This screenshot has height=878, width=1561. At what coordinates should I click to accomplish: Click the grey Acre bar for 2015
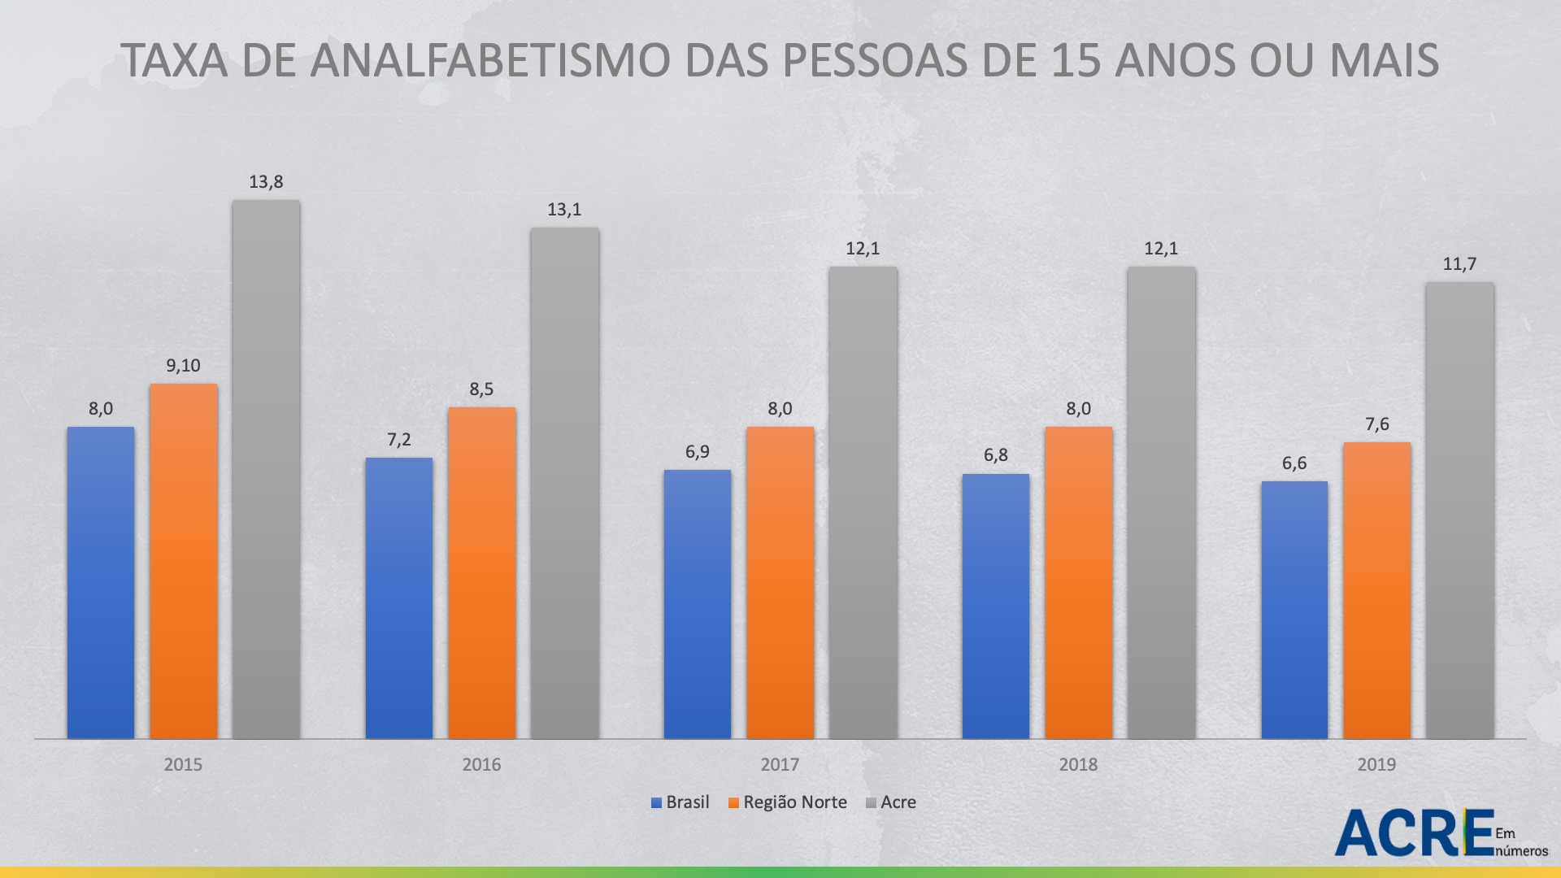coord(266,469)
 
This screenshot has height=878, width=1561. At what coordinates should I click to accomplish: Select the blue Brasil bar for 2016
coord(399,598)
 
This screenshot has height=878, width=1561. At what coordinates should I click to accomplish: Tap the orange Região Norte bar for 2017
coord(780,582)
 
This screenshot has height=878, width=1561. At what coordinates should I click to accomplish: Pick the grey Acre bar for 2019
coord(1459,510)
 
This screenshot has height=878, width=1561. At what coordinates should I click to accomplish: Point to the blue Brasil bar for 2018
coord(995,606)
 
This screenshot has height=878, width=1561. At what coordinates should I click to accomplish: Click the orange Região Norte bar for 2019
coord(1376,589)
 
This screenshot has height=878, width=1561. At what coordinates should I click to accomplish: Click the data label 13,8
coord(266,182)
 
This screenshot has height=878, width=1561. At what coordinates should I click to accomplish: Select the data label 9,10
coord(183,366)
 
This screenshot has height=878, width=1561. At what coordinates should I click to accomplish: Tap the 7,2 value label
coord(399,440)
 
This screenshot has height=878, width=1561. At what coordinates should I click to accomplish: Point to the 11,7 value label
coord(1459,264)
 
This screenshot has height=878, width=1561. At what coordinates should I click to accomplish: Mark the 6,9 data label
coord(698,452)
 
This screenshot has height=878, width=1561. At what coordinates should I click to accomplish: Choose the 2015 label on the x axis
coord(183,764)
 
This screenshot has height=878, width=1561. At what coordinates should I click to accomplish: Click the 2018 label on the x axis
coord(1078,764)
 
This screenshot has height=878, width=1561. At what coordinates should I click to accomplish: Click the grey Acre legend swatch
coord(871,803)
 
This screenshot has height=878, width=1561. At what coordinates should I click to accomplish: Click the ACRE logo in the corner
coord(1415,832)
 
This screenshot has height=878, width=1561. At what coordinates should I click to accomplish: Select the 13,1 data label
coord(564,210)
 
